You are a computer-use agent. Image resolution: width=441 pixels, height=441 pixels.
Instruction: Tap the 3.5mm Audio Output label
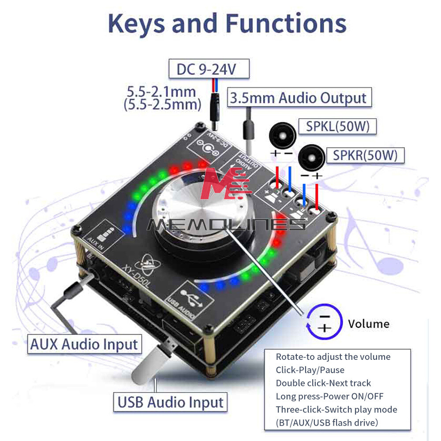(299, 97)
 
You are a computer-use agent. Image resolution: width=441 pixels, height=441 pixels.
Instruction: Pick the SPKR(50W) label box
(365, 155)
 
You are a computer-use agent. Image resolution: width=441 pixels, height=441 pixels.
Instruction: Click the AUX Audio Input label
(84, 344)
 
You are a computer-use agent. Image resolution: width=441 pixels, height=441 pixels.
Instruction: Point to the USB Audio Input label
(170, 402)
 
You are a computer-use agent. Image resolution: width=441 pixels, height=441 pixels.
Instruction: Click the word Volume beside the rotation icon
(369, 324)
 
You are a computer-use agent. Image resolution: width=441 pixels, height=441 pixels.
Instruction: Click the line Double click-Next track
(323, 383)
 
